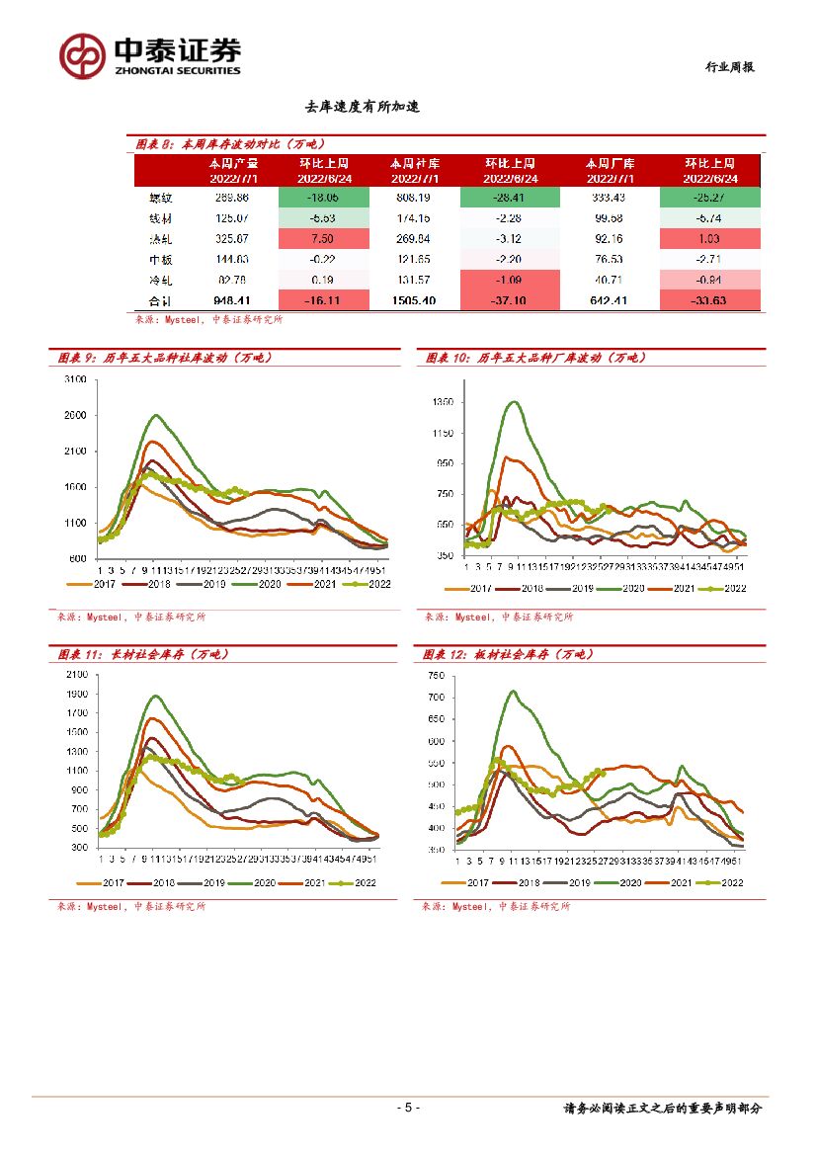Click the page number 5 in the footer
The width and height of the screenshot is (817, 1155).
[x=408, y=1108]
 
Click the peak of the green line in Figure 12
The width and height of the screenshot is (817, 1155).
[x=513, y=691]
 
